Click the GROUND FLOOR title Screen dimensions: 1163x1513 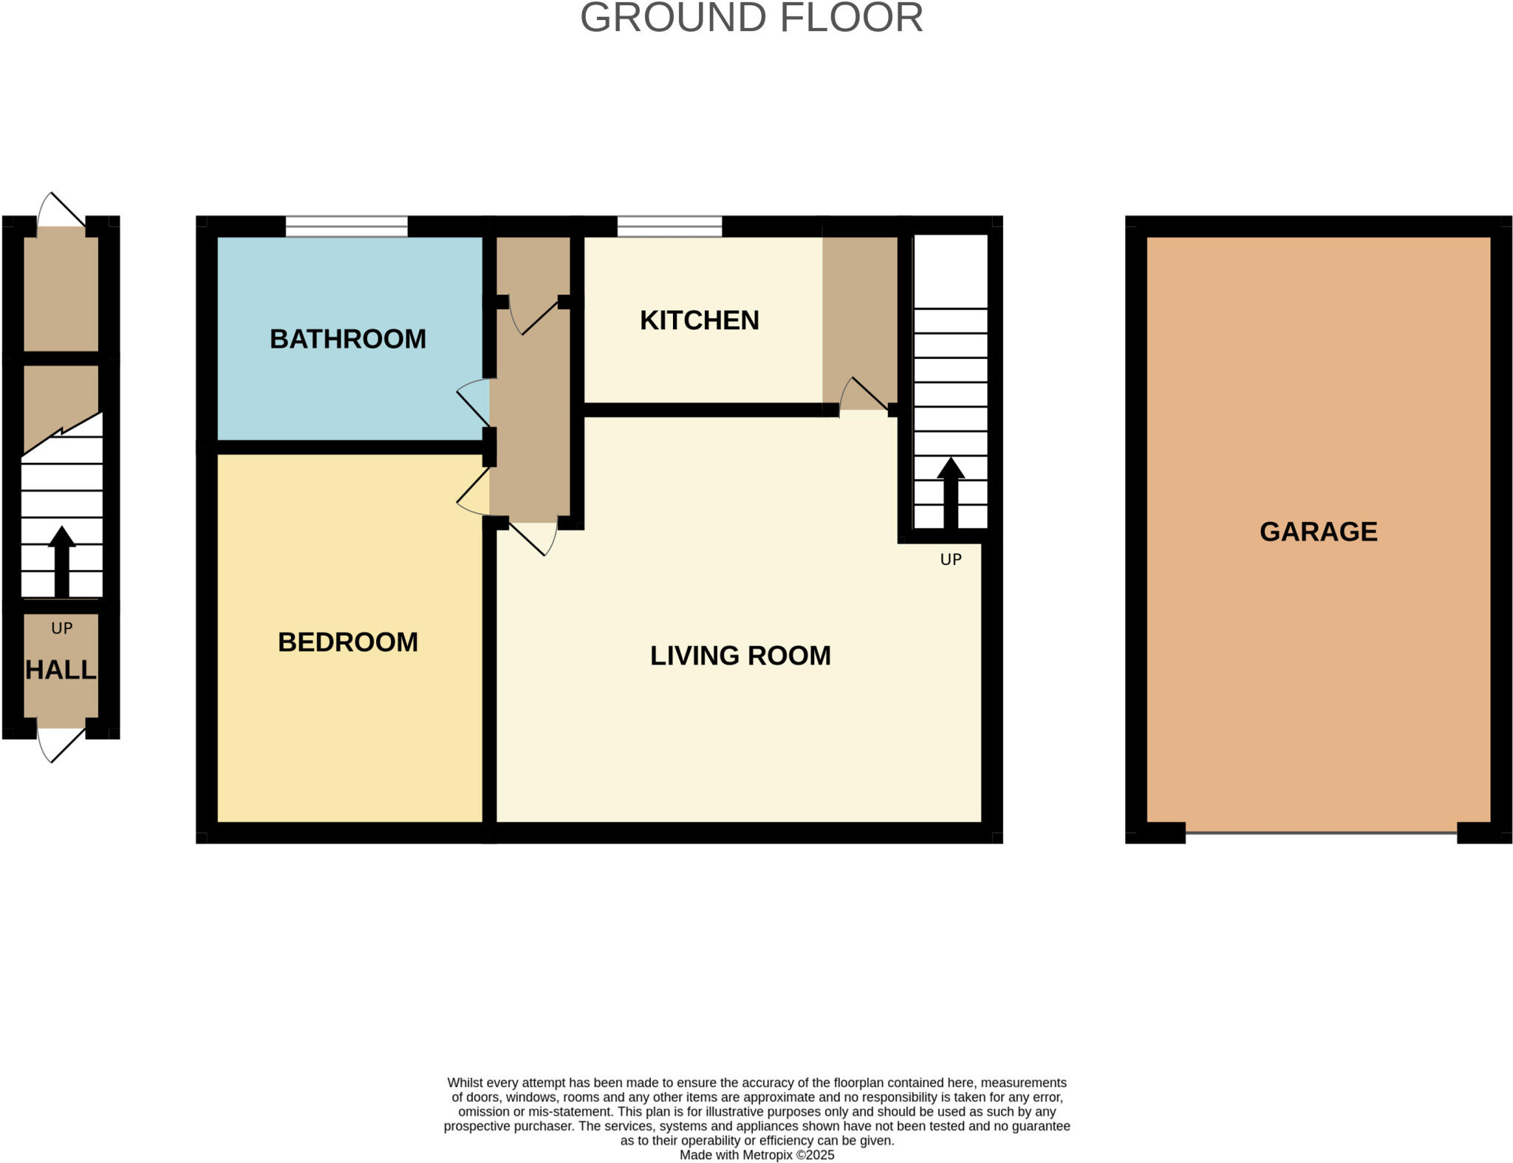[751, 18]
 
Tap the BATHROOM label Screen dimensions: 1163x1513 [347, 339]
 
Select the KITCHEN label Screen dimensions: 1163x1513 [699, 320]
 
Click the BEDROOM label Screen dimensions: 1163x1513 [347, 642]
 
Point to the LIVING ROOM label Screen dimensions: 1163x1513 [740, 656]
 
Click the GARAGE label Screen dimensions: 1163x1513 [1318, 532]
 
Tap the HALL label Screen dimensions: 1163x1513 [61, 670]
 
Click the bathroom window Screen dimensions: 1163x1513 [346, 226]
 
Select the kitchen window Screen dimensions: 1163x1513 [669, 226]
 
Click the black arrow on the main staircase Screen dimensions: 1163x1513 [950, 491]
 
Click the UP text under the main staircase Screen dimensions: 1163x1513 [950, 560]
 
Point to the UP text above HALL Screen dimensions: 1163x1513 [62, 628]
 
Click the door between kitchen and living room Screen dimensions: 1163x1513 [863, 394]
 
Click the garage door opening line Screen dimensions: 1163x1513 [1320, 833]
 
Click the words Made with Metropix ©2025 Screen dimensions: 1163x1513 [756, 1155]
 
